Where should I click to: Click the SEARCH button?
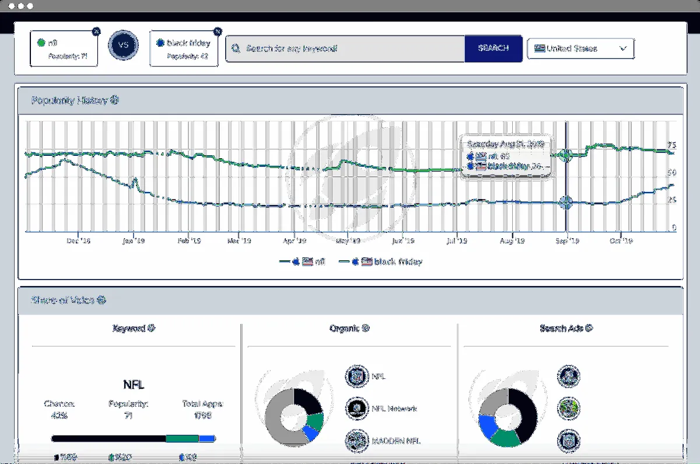(493, 48)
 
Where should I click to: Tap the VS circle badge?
(123, 46)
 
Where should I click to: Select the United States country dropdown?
(580, 48)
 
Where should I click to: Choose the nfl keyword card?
(64, 48)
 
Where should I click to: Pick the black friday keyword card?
(184, 48)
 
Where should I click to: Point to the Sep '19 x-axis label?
(566, 240)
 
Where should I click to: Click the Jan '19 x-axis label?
(134, 240)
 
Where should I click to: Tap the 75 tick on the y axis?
(671, 145)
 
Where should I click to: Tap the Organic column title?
(349, 329)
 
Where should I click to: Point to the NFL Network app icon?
(355, 409)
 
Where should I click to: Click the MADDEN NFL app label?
(395, 440)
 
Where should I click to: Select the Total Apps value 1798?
(203, 416)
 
